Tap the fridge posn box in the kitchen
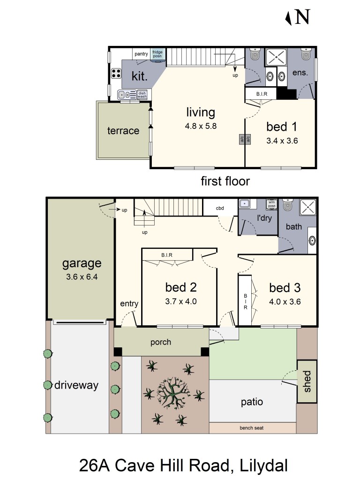157,54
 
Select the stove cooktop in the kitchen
115,74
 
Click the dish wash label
142,95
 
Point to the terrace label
123,131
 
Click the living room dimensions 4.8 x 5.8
201,126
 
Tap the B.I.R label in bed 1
262,94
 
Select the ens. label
300,73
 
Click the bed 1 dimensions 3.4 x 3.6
282,140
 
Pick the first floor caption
225,181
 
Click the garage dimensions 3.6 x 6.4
82,277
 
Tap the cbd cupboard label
220,208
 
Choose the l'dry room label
265,217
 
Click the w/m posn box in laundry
271,204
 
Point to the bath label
294,227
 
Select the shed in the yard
307,381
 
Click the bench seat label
252,427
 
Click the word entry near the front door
129,304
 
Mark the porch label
161,342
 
